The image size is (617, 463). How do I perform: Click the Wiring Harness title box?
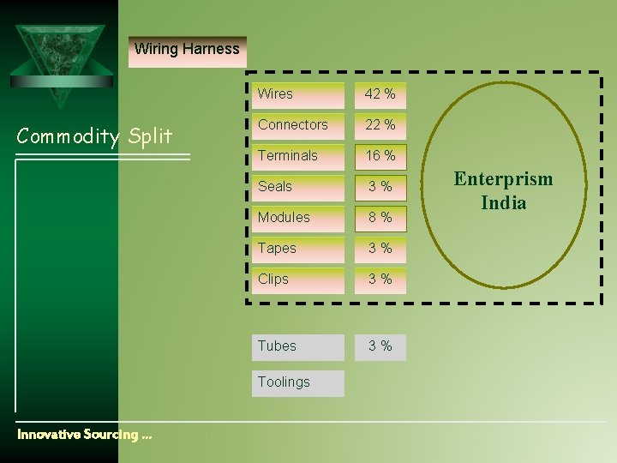[x=187, y=50]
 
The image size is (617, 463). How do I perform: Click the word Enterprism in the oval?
[x=503, y=179]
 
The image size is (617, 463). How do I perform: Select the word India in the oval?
[x=503, y=203]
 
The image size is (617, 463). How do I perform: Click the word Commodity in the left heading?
[x=68, y=135]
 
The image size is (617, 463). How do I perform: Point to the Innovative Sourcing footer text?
[x=84, y=435]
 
